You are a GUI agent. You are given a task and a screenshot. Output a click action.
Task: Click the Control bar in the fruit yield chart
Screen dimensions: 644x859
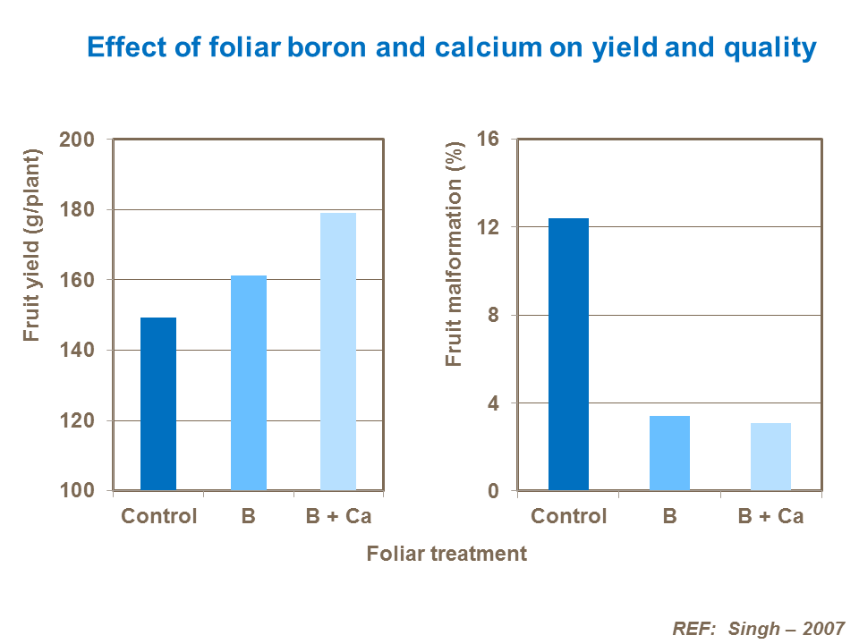158,404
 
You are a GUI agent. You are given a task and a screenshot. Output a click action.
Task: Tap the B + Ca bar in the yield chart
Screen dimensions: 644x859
338,352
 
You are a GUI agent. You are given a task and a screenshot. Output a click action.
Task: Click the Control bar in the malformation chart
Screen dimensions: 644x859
568,354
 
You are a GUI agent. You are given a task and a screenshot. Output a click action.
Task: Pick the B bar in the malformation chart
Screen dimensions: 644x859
669,453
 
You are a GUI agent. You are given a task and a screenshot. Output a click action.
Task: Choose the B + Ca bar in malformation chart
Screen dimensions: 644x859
770,456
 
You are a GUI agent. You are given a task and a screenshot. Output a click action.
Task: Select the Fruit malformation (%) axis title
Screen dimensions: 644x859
455,252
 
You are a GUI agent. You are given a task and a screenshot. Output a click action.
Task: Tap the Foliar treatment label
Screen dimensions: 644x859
447,554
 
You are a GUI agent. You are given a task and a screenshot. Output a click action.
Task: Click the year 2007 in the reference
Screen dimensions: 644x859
822,628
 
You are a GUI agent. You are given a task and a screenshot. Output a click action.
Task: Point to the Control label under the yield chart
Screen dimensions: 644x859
158,517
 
